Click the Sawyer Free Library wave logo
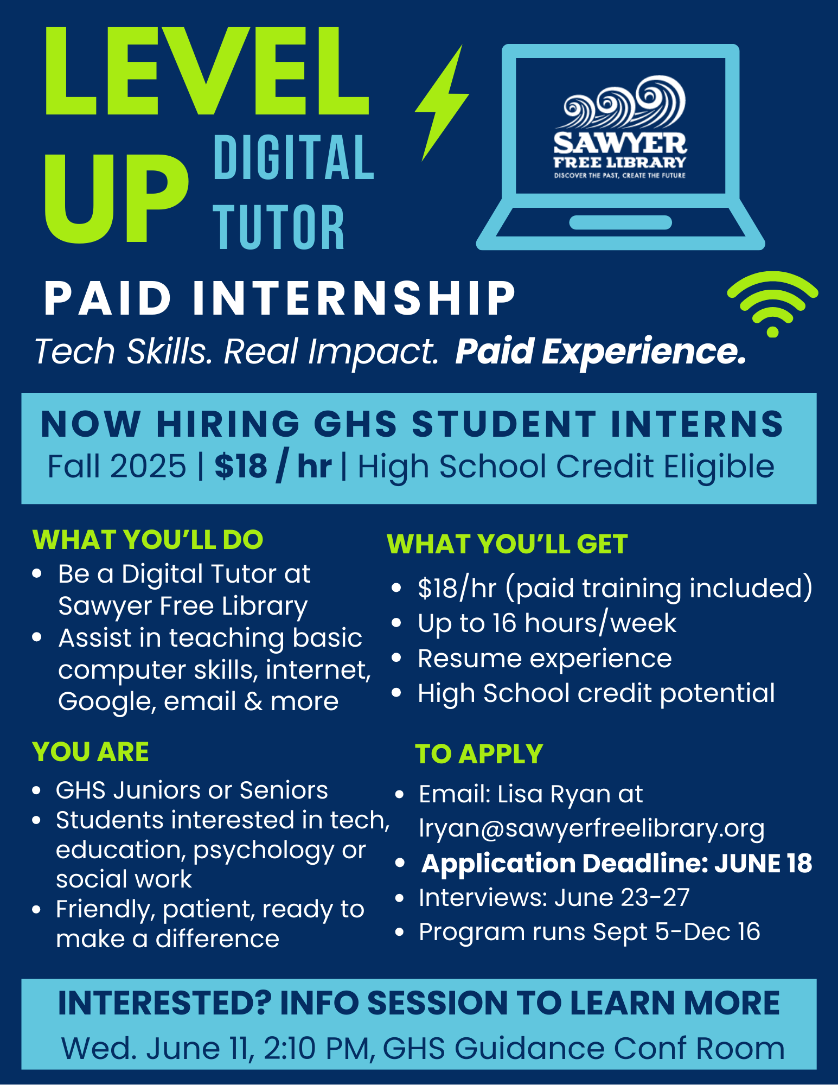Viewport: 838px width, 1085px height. point(620,127)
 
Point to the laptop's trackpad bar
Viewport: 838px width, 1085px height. point(620,222)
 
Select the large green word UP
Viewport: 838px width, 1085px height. point(117,198)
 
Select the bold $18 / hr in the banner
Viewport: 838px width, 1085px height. point(273,466)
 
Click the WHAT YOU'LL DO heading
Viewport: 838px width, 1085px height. point(148,539)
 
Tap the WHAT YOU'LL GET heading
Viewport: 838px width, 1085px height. point(507,544)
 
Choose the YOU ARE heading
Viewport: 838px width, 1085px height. point(91,752)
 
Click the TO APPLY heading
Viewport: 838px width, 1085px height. point(479,754)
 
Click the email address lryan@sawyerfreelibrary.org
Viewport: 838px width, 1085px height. point(592,828)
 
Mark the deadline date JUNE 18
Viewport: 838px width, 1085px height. point(763,863)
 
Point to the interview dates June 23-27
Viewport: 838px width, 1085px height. point(622,898)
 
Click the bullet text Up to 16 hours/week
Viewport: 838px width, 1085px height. point(547,623)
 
